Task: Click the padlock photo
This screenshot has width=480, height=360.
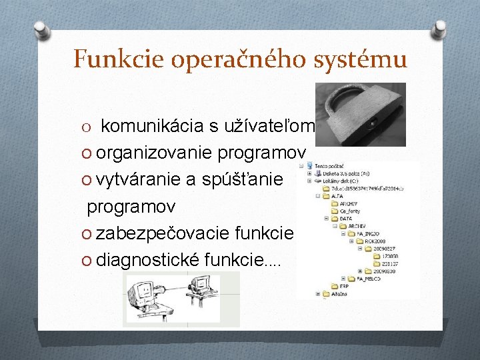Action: coord(360,113)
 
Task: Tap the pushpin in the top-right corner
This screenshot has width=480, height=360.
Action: coord(439,31)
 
